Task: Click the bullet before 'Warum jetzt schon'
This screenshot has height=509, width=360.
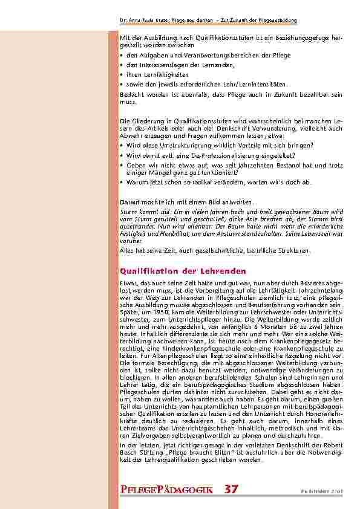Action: (x=122, y=181)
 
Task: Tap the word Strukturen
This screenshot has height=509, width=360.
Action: (x=293, y=249)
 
